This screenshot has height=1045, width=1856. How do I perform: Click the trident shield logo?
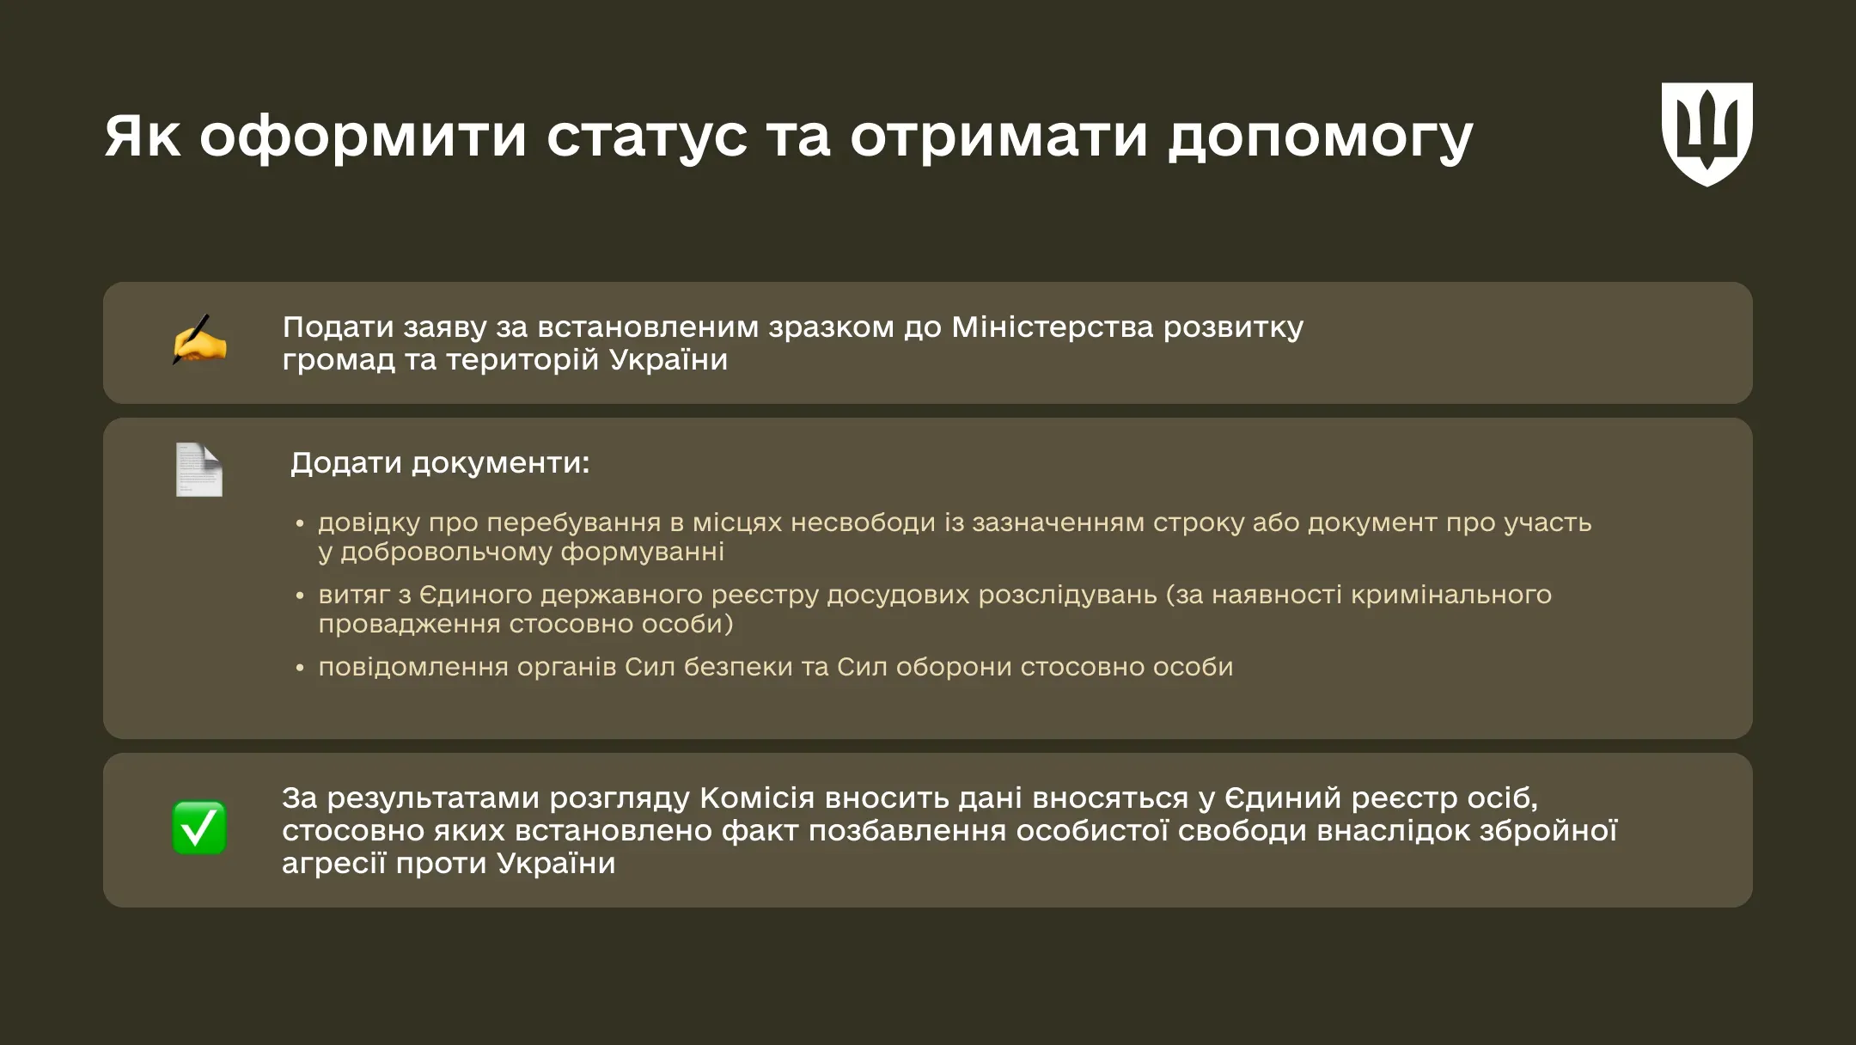1706,134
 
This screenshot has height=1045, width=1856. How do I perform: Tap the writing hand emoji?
199,339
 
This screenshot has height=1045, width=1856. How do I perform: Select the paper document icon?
199,469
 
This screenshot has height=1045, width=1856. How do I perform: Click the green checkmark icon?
199,828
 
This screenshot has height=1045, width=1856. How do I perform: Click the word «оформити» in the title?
363,136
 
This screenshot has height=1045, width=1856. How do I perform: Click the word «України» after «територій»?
669,359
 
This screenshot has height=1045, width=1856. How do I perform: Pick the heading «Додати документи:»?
440,463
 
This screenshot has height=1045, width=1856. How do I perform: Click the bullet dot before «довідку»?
300,523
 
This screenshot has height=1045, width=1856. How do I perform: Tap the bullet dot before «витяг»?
300,596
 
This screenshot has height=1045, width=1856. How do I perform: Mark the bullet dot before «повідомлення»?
300,668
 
